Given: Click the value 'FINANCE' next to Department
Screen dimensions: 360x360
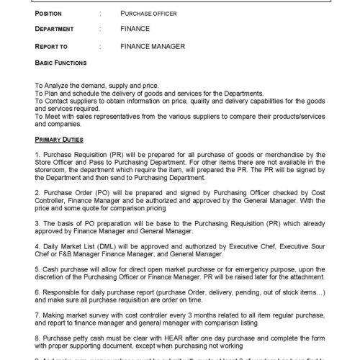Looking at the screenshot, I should (x=135, y=30).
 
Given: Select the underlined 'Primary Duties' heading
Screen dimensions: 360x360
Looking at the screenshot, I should (x=58, y=139).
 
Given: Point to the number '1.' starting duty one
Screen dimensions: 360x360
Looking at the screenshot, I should (x=37, y=155).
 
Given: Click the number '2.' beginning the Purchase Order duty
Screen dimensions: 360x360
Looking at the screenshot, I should (x=37, y=194).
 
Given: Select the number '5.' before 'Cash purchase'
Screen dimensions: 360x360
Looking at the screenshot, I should (x=37, y=268).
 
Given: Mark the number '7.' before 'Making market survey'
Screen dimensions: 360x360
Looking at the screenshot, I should (x=37, y=317).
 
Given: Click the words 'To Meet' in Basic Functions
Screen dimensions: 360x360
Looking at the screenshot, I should (x=48, y=115).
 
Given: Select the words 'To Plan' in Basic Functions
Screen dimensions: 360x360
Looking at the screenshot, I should (x=46, y=94).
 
